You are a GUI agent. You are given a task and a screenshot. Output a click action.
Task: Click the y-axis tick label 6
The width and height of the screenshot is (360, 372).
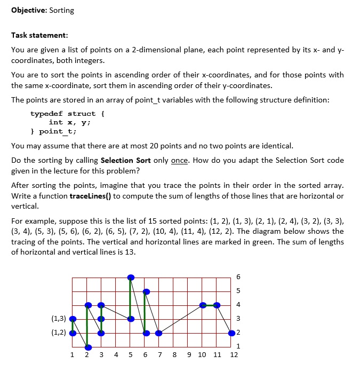click(x=238, y=277)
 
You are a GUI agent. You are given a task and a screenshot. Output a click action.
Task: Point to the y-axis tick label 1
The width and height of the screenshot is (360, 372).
click(x=238, y=346)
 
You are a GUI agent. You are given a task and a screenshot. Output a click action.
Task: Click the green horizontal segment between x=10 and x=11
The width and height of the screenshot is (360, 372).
click(x=210, y=305)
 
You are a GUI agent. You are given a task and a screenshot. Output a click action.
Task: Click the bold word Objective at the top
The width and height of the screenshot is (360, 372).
click(x=28, y=10)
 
